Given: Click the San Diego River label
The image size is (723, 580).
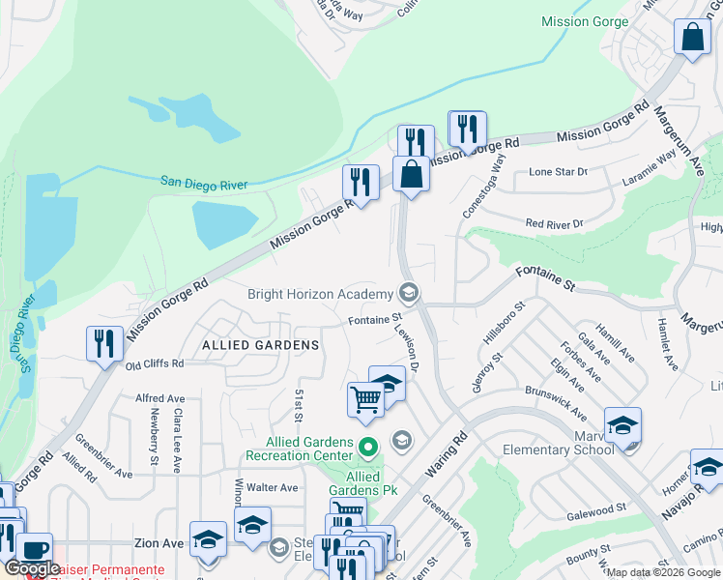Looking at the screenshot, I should pyautogui.click(x=204, y=184).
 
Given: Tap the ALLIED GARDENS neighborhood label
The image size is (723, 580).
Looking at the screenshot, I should pyautogui.click(x=260, y=345).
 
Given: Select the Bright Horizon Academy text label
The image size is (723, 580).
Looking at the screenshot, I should pyautogui.click(x=320, y=294).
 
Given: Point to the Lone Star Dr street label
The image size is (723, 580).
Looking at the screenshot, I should pyautogui.click(x=558, y=172).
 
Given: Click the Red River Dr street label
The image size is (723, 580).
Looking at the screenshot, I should pyautogui.click(x=555, y=223).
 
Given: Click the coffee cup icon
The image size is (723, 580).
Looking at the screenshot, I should pyautogui.click(x=34, y=549).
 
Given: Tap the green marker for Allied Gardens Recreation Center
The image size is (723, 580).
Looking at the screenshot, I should pyautogui.click(x=367, y=448).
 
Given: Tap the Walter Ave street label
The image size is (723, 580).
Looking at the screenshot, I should pyautogui.click(x=273, y=488).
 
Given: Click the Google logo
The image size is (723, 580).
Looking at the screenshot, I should pyautogui.click(x=32, y=569).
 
